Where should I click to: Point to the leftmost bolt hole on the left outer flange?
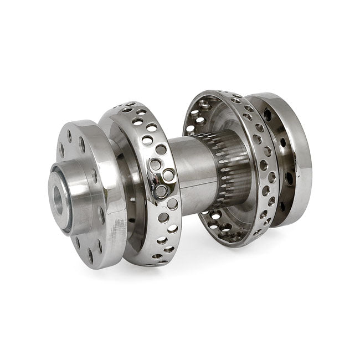(61, 148)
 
